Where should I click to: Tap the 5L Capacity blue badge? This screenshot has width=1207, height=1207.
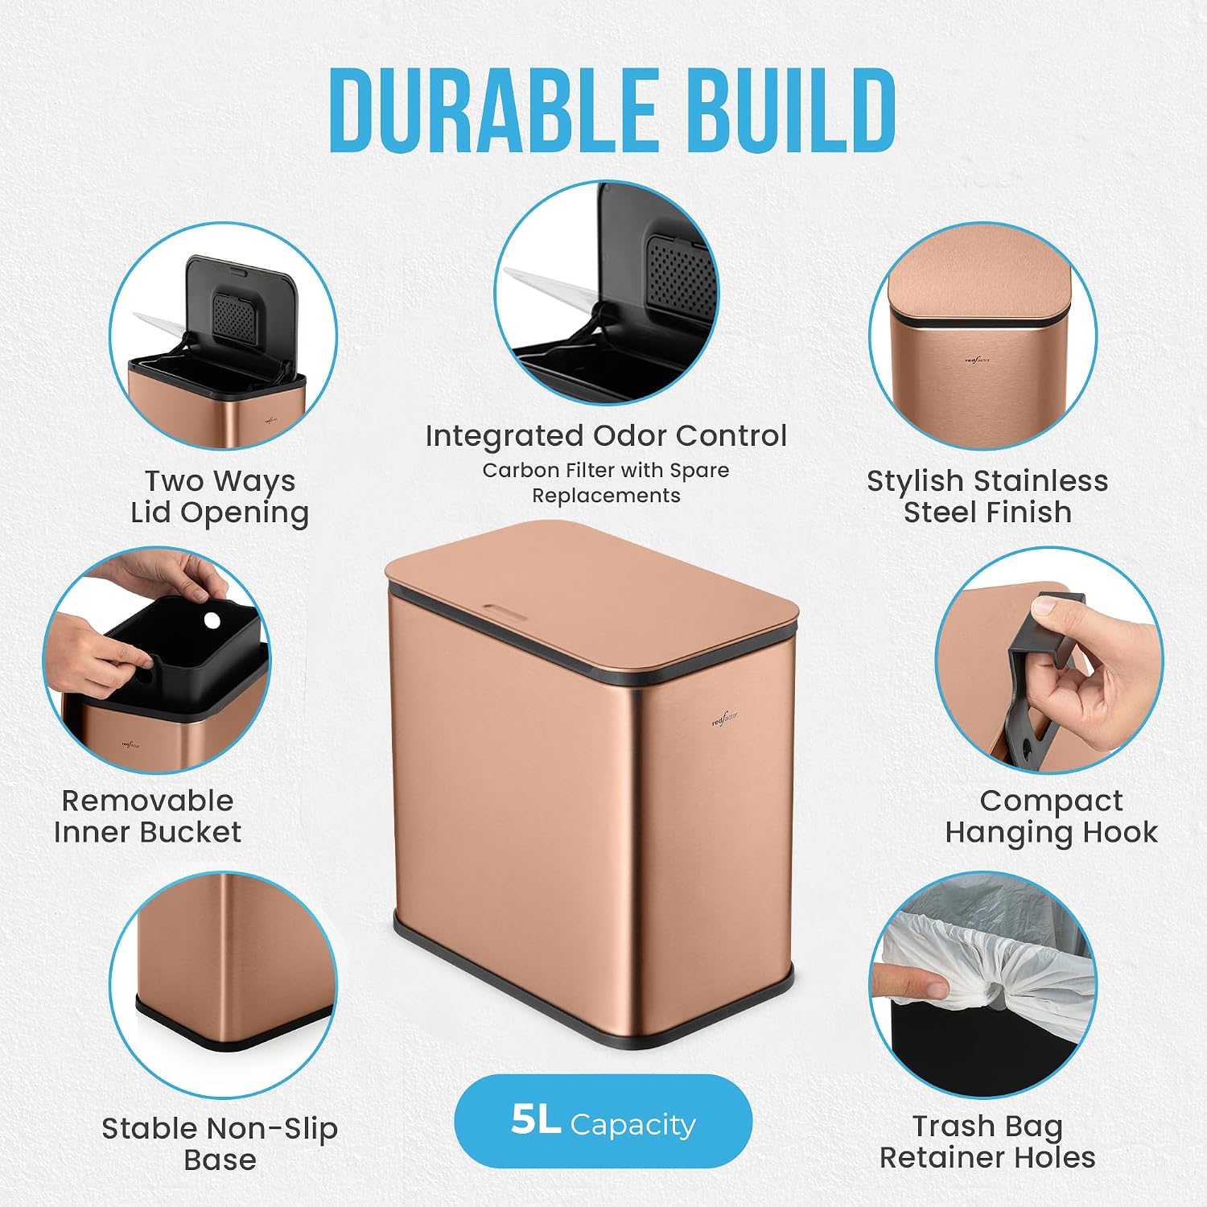[x=603, y=1122]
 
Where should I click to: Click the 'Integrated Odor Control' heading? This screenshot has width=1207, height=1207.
[x=606, y=435]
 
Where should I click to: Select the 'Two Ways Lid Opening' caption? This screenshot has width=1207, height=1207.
[x=220, y=496]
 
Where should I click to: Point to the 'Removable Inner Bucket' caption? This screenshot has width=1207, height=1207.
[x=147, y=816]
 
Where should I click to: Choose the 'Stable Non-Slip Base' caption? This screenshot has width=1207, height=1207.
[x=220, y=1143]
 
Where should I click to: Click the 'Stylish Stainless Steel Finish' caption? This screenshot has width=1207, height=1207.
[x=987, y=496]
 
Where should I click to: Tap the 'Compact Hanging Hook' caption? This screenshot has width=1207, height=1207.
[x=1051, y=816]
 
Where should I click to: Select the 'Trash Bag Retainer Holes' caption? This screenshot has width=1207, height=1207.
[x=987, y=1141]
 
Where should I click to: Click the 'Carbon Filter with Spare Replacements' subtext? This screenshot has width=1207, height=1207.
[x=606, y=482]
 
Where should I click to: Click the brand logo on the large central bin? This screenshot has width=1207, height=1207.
[x=726, y=718]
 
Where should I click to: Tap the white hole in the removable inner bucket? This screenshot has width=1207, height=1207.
[x=212, y=620]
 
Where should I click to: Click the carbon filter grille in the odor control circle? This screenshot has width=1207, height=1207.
[x=681, y=274]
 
